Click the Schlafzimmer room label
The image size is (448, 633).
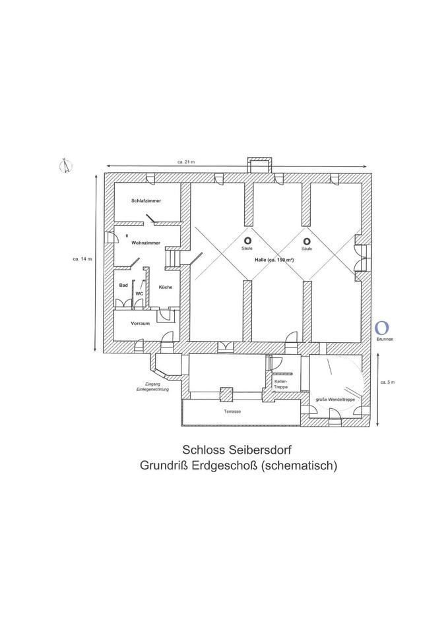[x=146, y=200]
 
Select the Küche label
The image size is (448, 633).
[x=165, y=287]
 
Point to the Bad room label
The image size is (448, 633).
[x=123, y=285]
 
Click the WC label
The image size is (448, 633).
[x=139, y=293]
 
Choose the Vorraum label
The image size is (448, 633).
[x=141, y=323]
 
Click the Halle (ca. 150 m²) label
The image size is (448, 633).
[x=274, y=260]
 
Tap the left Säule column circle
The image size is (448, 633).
[x=247, y=241]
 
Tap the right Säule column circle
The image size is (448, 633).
[x=306, y=241]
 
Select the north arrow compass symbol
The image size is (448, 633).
[x=65, y=166]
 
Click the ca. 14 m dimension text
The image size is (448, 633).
[x=82, y=259]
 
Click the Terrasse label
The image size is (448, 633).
[x=232, y=411]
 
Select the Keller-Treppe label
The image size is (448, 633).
[x=281, y=384]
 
